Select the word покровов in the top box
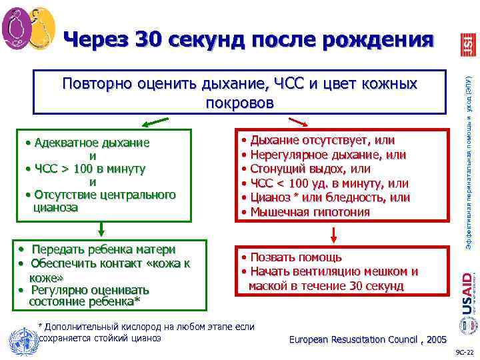[x=239, y=103]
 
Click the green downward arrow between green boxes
[x=101, y=228]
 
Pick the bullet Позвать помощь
[x=296, y=257]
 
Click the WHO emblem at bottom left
[x=20, y=340]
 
